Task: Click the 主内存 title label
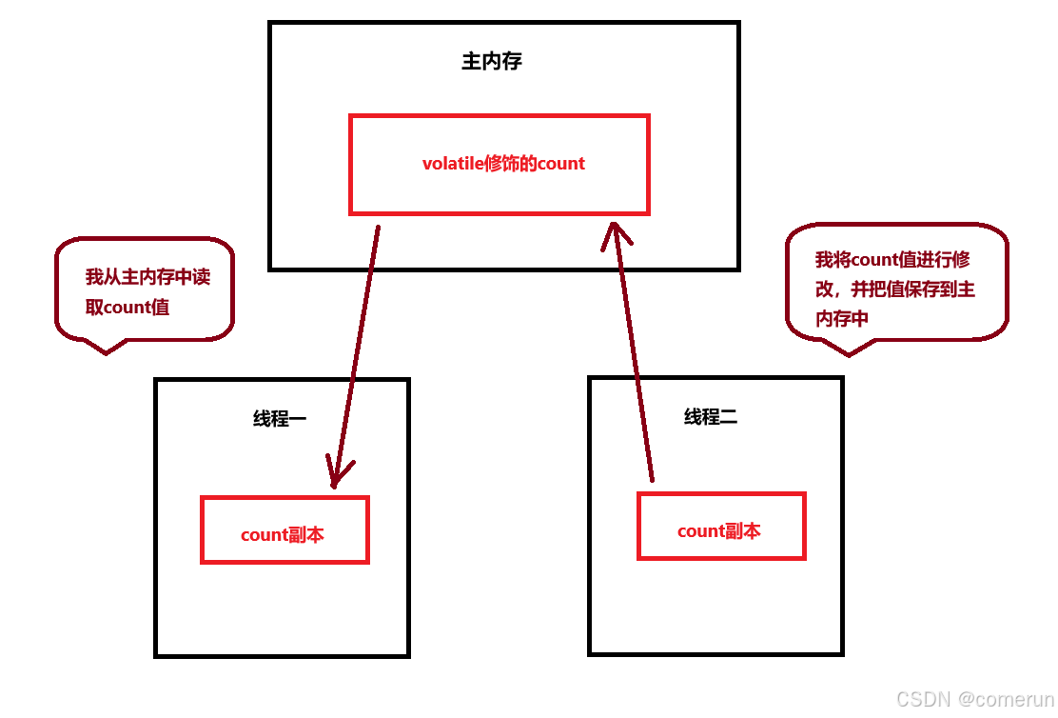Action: (x=492, y=62)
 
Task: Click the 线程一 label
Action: (x=280, y=419)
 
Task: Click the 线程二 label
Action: (x=711, y=417)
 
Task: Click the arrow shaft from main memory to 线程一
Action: (x=357, y=352)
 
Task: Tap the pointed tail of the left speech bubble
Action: (x=105, y=349)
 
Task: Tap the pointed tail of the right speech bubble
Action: (x=847, y=351)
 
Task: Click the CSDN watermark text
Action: (x=924, y=700)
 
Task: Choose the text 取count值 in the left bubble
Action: (x=127, y=308)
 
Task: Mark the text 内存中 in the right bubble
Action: (x=842, y=319)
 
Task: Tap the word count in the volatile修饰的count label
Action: (x=561, y=164)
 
